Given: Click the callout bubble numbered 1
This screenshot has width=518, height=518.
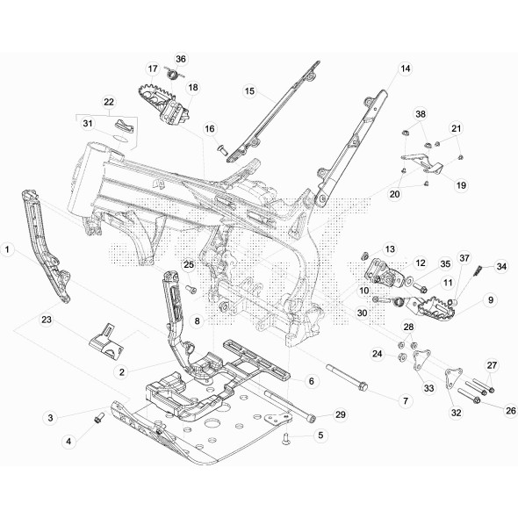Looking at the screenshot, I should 8,250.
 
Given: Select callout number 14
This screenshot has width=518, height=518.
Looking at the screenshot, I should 406,68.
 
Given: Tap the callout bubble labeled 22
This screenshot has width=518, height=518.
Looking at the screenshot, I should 110,102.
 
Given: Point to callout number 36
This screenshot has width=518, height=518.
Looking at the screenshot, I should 181,59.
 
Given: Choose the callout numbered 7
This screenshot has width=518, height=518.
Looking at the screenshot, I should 406,400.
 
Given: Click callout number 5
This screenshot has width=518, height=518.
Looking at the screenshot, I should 320,435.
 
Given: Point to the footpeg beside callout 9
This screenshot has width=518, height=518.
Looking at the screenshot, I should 434,310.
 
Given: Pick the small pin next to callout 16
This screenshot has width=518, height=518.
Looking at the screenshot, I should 224,149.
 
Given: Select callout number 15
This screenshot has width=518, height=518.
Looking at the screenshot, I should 249,90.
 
